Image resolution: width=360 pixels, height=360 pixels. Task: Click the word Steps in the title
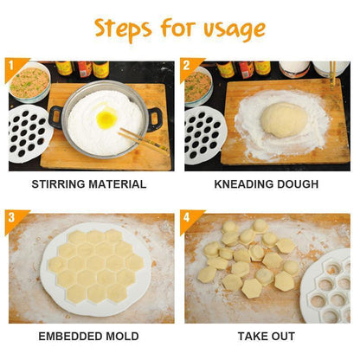(x=123, y=29)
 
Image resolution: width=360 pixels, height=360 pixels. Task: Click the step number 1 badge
(x=15, y=68)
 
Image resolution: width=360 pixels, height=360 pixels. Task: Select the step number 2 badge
(x=190, y=68)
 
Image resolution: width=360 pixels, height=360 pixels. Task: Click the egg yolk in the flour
(x=106, y=118)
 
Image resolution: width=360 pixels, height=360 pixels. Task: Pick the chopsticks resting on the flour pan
(x=143, y=140)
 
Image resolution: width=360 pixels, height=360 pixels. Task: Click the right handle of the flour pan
(x=155, y=119)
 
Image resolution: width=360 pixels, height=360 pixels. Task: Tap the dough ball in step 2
(x=284, y=119)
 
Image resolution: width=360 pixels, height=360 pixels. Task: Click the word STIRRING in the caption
(x=58, y=184)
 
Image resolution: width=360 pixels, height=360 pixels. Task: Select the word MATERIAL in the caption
(x=117, y=184)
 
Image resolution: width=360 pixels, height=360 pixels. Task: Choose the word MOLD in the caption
(x=122, y=337)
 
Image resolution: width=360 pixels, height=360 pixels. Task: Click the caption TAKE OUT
(x=267, y=337)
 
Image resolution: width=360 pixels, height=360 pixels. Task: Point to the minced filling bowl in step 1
(x=29, y=82)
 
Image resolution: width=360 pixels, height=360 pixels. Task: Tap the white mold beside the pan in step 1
(x=29, y=133)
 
